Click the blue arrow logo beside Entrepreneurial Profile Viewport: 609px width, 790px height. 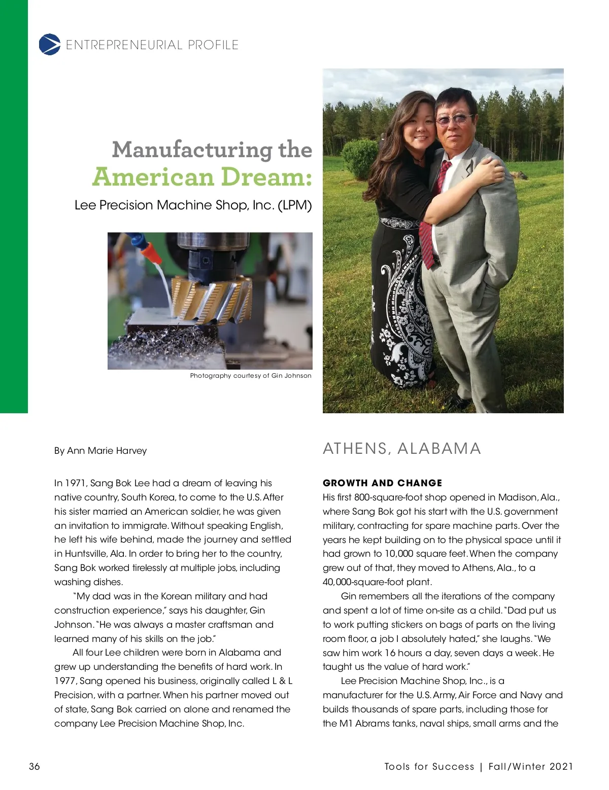point(49,45)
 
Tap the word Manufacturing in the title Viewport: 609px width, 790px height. point(192,150)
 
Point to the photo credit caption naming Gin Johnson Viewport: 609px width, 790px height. point(251,376)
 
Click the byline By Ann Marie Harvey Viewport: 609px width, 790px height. point(100,451)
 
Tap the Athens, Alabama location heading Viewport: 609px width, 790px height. point(402,449)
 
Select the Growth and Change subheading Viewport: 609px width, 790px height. point(382,483)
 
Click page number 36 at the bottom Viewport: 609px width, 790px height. point(35,766)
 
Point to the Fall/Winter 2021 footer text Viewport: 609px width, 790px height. point(531,767)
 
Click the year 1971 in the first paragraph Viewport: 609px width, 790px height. point(76,483)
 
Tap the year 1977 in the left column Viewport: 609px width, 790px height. point(65,681)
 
